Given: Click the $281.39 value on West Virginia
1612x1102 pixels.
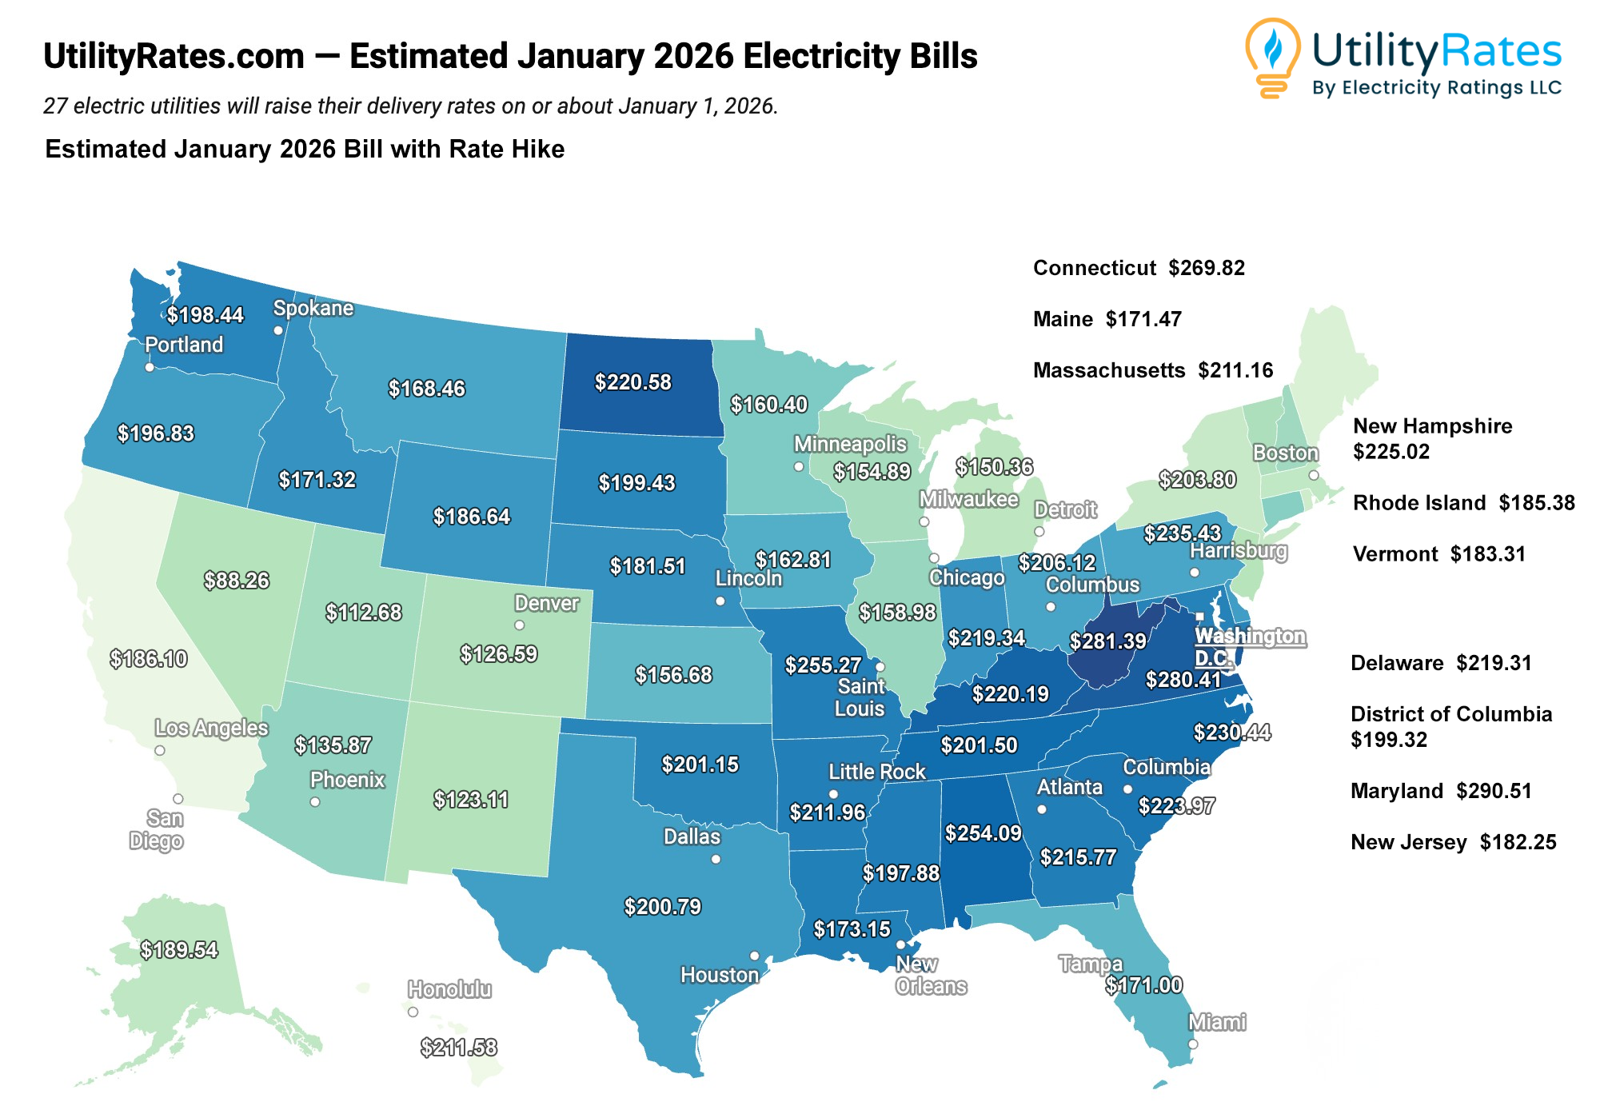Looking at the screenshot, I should [x=1107, y=641].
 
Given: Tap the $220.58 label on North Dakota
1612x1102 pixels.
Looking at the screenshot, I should [x=633, y=382].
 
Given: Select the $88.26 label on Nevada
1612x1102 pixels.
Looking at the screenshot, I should [x=236, y=581].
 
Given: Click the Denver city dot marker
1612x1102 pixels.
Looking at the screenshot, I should [x=520, y=625].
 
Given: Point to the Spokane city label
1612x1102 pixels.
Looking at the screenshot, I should [x=313, y=308].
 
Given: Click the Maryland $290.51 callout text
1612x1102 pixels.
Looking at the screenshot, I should [x=1441, y=791].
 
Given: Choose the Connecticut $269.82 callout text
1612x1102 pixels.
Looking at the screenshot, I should [x=1139, y=268].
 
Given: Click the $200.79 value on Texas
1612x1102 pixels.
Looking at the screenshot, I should [x=663, y=907].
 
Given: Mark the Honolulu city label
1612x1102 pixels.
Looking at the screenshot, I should [x=449, y=989].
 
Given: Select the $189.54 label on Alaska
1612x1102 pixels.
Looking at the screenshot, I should [x=179, y=950].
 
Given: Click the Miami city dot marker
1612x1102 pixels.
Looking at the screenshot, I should [x=1193, y=1044].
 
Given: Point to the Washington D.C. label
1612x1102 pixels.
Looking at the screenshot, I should [x=1249, y=647].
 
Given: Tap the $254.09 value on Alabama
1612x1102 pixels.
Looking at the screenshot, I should [x=984, y=833].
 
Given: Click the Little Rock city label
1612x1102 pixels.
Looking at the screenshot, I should [x=877, y=772].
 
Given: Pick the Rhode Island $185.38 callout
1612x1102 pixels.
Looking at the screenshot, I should [x=1463, y=503].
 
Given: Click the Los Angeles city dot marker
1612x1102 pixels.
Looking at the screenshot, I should [x=160, y=750].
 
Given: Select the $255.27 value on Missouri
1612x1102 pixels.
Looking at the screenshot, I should [x=823, y=665].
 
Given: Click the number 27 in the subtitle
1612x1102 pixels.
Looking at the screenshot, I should [x=54, y=106].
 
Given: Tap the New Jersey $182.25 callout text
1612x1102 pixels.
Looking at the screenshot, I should [x=1453, y=842].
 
